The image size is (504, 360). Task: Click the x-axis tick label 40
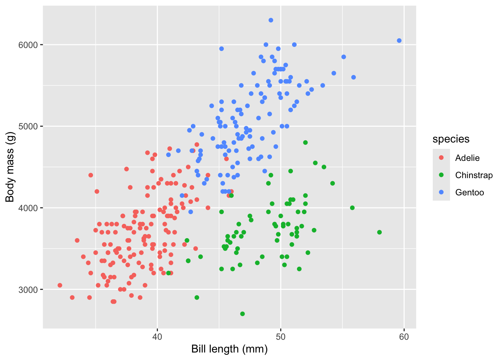(x=157, y=337)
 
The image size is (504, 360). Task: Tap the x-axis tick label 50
(x=280, y=337)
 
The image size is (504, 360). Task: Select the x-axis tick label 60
(x=404, y=337)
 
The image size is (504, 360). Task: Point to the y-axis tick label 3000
(x=28, y=290)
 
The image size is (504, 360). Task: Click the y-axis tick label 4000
(x=28, y=208)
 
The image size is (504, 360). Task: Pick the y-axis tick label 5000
(x=28, y=126)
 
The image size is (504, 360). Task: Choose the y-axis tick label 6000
(x=28, y=45)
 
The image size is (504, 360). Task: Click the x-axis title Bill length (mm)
(x=229, y=349)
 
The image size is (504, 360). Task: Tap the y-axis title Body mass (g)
(x=10, y=167)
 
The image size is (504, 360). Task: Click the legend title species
(x=451, y=139)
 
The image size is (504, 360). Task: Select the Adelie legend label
(x=467, y=158)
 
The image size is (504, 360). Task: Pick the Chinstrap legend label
(x=474, y=175)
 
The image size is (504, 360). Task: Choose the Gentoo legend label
(x=469, y=192)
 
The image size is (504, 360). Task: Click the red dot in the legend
(x=441, y=158)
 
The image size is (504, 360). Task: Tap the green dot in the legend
(x=441, y=175)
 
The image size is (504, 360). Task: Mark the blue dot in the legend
(x=441, y=192)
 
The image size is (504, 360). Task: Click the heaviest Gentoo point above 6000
(x=271, y=20)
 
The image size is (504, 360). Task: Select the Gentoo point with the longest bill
(x=399, y=40)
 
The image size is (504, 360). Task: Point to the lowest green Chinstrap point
(x=242, y=314)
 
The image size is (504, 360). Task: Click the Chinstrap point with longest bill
(x=379, y=232)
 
